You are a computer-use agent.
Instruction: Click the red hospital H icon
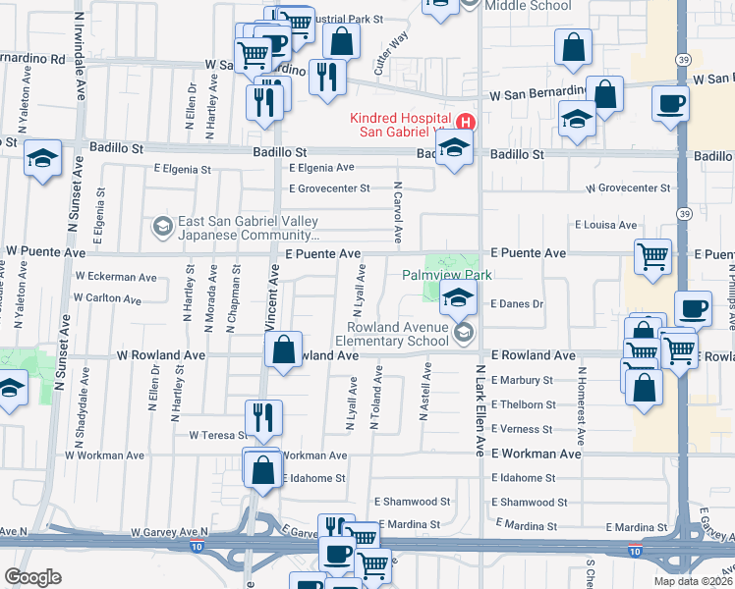point(467,124)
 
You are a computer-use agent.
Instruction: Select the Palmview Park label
point(447,276)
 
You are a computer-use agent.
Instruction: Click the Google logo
point(32,577)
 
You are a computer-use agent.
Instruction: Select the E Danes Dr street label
point(516,304)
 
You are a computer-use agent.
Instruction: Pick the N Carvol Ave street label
point(398,211)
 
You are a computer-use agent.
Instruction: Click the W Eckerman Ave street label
point(116,277)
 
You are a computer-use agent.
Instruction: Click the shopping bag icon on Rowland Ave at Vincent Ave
point(284,350)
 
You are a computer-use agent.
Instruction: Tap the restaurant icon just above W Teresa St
point(263,416)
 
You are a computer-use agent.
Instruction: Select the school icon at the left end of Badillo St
point(43,160)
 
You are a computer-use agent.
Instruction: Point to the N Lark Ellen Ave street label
point(481,410)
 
